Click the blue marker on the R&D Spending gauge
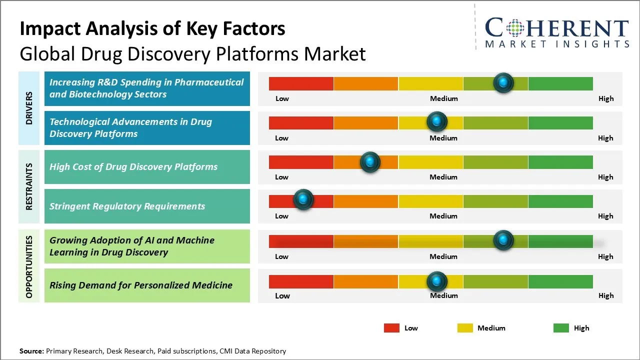[x=503, y=82]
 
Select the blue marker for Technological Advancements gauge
[x=437, y=121]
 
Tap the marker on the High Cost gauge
[x=370, y=162]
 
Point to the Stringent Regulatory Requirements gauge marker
[x=303, y=200]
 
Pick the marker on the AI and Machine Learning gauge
[x=503, y=240]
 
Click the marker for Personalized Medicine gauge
[x=437, y=281]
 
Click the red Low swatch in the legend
[x=391, y=328]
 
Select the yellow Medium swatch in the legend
[x=465, y=328]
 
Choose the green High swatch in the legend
[x=561, y=328]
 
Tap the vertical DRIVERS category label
[x=29, y=108]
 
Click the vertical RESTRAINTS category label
[x=29, y=186]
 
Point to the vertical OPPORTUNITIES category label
[x=29, y=266]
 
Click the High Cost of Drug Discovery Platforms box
[x=147, y=167]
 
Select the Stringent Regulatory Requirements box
[x=147, y=206]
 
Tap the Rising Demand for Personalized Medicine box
[x=147, y=285]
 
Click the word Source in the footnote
[x=31, y=351]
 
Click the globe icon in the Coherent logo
[x=515, y=28]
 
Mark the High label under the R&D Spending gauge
[x=606, y=98]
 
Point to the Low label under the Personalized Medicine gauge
[x=282, y=295]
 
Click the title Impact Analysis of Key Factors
[x=152, y=29]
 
